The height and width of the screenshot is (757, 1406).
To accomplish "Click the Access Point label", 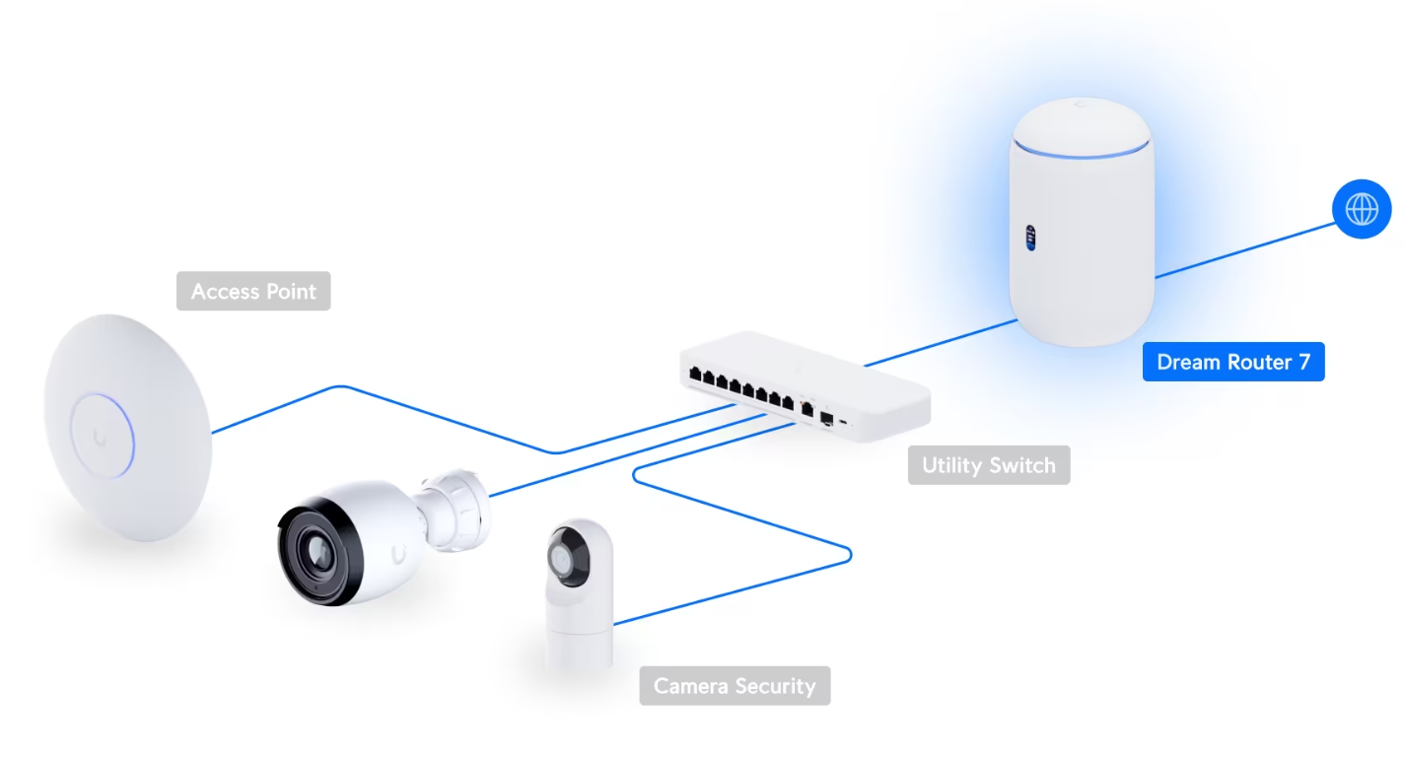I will coord(253,292).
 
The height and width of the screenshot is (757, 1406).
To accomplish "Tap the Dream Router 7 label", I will coord(1232,362).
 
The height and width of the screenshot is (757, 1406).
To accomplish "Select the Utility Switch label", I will coord(988,465).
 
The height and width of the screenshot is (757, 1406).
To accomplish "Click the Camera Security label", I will coord(735,686).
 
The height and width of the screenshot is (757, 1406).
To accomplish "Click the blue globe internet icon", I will coord(1362,209).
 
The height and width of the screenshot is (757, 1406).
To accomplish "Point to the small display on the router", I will coord(1031,238).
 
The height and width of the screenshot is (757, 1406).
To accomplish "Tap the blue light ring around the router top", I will coord(1082,151).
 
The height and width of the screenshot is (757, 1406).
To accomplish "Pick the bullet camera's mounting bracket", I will coord(456,504).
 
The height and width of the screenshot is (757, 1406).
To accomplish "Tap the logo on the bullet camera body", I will coord(397,555).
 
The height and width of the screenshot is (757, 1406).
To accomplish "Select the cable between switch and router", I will coord(942,342).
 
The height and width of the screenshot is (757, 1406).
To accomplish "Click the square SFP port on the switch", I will coord(827,418).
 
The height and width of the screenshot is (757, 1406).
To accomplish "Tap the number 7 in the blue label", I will coord(1303,362).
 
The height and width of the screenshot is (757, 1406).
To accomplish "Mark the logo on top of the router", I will coord(1082,103).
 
